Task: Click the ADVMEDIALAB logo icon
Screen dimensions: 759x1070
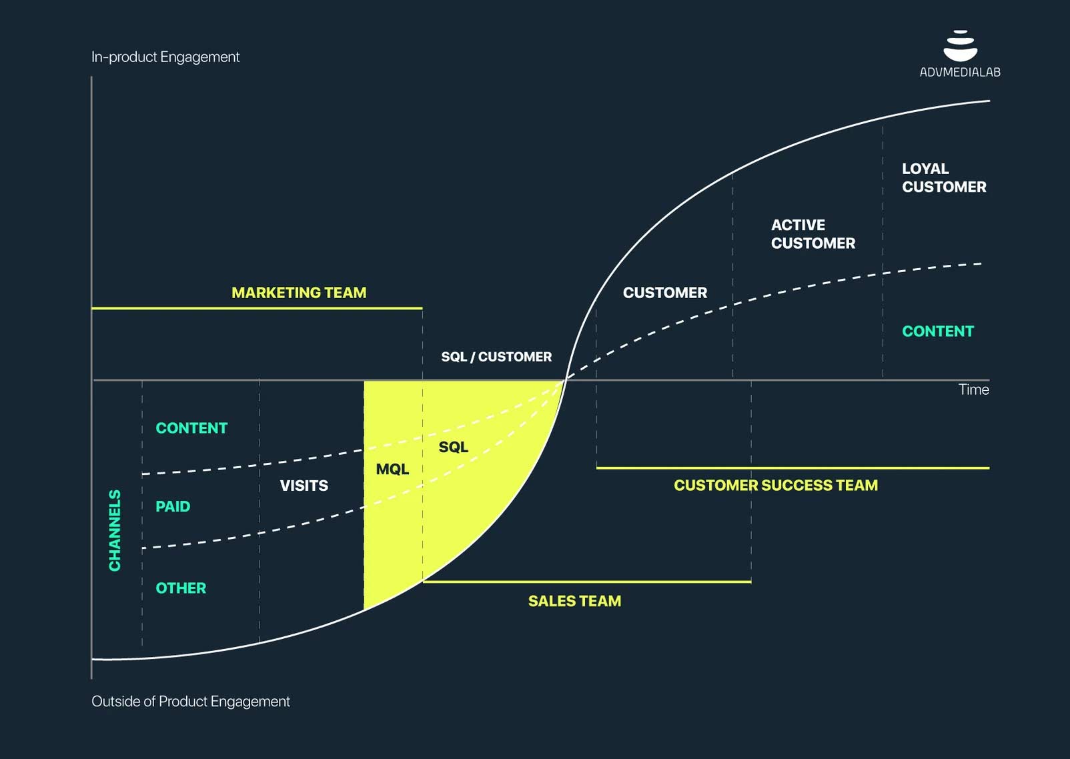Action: point(960,46)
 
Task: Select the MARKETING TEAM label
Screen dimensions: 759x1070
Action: point(299,293)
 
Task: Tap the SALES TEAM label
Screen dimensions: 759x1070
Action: point(574,601)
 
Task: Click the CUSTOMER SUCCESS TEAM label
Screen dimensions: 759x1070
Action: point(775,486)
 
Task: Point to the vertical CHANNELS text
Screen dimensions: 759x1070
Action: point(115,530)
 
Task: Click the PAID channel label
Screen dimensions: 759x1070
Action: point(173,507)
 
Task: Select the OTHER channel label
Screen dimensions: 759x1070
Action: point(181,588)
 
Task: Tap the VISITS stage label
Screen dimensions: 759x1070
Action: point(304,486)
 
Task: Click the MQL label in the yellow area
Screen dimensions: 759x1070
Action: point(392,470)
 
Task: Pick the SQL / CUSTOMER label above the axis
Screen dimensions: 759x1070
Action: point(496,357)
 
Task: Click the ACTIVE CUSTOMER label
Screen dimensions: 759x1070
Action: point(813,234)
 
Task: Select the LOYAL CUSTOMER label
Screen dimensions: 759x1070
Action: point(943,178)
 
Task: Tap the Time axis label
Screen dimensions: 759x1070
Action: point(973,390)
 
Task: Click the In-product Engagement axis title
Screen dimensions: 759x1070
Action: point(165,57)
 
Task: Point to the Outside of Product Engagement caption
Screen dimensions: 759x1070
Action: point(191,702)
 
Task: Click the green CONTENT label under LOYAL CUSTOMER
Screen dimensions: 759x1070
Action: point(937,331)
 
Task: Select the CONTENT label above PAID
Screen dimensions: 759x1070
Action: point(191,428)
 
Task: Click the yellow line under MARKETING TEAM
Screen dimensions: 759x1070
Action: point(257,308)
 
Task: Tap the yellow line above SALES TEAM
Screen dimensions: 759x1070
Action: point(587,582)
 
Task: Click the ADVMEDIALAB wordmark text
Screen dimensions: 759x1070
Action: point(960,73)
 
